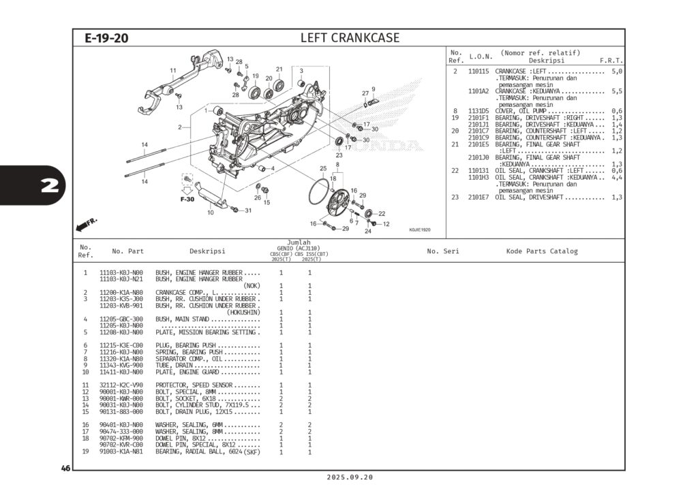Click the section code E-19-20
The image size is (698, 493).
point(106,38)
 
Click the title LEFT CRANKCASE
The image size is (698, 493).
point(350,37)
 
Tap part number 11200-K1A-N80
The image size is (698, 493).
point(121,292)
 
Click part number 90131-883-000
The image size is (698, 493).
point(121,411)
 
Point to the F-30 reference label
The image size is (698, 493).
point(187,200)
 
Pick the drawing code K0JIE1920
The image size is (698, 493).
point(420,230)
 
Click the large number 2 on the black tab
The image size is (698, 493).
point(49,186)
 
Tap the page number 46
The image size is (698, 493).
point(65,468)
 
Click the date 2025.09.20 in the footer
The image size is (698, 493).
point(350,477)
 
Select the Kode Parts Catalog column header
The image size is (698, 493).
point(541,251)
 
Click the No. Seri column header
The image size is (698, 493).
point(443,251)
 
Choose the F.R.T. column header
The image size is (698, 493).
point(611,61)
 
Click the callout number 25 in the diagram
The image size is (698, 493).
point(322,168)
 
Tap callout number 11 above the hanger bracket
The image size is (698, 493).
point(173,70)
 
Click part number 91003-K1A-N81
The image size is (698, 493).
point(121,451)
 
